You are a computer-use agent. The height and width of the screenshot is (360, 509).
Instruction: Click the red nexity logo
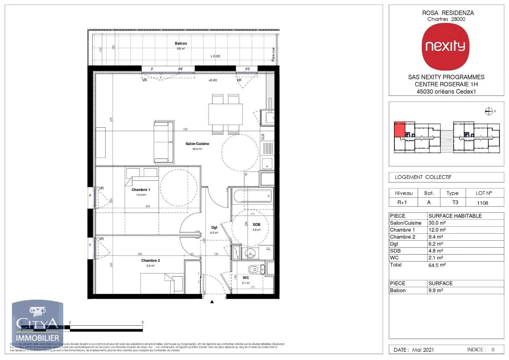coord(445,46)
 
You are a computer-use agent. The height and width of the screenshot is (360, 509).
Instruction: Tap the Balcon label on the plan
coord(181,44)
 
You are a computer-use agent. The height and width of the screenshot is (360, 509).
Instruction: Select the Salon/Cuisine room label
coord(197,144)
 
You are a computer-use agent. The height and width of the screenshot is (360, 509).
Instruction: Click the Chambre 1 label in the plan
coord(141,190)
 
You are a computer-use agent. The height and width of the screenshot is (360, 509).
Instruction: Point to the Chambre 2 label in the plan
coord(150,260)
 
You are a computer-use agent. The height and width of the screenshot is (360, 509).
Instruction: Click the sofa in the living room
coord(164,142)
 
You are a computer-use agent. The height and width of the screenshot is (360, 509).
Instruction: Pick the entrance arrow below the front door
coord(212,302)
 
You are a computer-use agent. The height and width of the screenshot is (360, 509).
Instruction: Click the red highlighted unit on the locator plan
coord(400,129)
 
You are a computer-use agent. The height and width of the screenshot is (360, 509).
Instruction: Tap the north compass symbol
coord(489,111)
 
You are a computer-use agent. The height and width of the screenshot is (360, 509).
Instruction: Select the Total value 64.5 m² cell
coord(437,265)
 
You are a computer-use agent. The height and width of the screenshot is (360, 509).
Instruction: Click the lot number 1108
coord(482,203)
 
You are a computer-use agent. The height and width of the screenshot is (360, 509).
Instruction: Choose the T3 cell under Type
coord(455,202)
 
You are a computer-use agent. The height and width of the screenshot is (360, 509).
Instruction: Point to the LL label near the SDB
coord(268,249)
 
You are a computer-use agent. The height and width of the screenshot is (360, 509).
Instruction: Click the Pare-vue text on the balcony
coord(273,54)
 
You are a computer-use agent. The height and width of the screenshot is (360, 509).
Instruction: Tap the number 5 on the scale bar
coord(143,322)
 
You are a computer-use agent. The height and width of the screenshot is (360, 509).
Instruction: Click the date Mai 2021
coord(423,349)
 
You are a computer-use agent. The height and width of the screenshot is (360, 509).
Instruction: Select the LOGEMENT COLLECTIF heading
coord(423,177)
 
